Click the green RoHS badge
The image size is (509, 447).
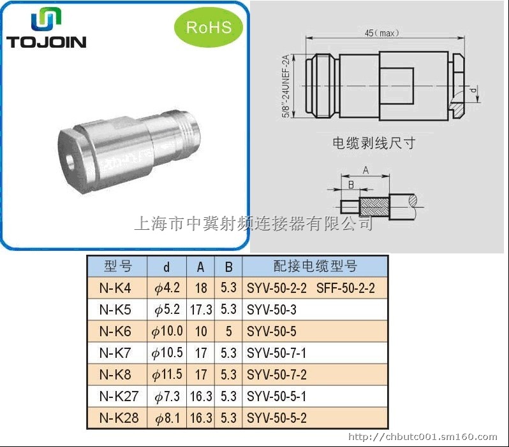coord(209,27)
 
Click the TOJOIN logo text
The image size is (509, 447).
coord(47,42)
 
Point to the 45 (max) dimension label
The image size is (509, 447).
coord(381,33)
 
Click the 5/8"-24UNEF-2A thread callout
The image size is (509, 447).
coord(286,86)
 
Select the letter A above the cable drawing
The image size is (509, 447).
coord(366,170)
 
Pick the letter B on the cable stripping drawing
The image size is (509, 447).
coord(351,185)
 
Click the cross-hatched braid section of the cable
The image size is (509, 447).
coord(374,207)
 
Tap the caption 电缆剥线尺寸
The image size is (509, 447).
coord(374,143)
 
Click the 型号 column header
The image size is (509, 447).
coord(118,266)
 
